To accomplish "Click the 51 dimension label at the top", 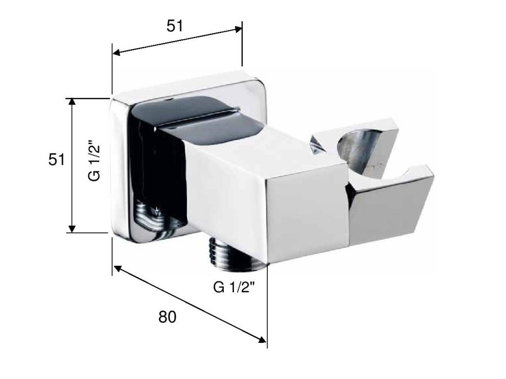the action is tap(174, 26).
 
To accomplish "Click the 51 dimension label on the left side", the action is tap(56, 159).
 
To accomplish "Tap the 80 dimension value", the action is tap(167, 317).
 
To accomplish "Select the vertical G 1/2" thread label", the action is tap(94, 160).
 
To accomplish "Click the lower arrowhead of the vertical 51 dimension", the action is tap(72, 228).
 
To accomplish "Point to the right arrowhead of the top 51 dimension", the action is tap(238, 29).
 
